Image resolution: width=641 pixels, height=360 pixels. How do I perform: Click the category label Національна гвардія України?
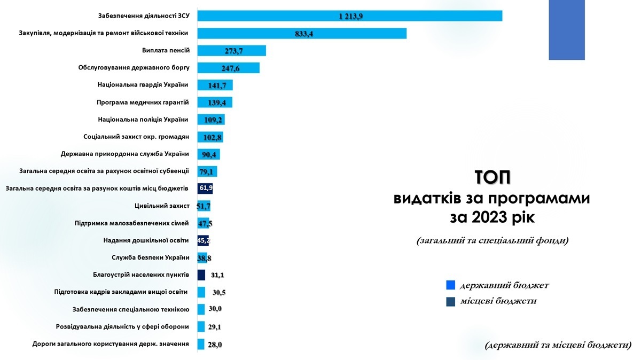[143, 84]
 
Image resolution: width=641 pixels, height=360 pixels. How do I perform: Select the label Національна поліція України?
[143, 119]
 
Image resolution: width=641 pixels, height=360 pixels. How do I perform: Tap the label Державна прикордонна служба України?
[125, 154]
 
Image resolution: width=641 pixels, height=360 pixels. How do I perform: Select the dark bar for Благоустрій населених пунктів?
[201, 275]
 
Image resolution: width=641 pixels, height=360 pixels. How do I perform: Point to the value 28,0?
[215, 345]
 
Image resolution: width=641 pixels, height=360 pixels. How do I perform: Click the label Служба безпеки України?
[151, 257]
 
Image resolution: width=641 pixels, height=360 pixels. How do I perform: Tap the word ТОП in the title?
[491, 178]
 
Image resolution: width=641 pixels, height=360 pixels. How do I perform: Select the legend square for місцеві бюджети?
[450, 302]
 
